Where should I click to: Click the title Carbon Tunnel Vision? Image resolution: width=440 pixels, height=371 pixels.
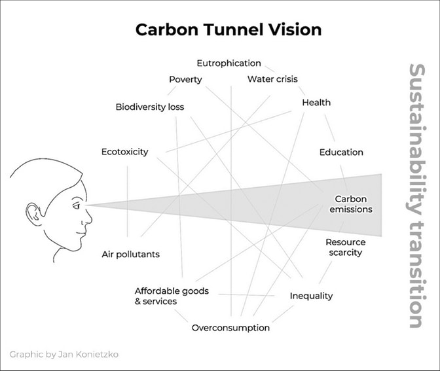(x=229, y=29)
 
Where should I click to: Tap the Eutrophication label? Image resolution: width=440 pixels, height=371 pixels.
(x=229, y=63)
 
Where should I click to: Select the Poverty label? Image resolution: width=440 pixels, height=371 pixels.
(x=185, y=80)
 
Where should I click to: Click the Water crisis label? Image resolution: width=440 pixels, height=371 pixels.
(x=272, y=79)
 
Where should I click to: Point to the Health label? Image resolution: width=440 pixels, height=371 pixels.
(x=316, y=102)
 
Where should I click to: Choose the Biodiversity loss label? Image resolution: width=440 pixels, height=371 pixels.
(x=150, y=107)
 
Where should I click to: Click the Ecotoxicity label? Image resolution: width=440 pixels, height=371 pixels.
(x=125, y=152)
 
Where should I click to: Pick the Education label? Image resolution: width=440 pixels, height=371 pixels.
(x=341, y=152)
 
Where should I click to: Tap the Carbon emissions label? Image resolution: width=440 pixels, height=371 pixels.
(x=351, y=204)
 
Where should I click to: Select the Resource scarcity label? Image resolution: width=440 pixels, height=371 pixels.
(x=346, y=247)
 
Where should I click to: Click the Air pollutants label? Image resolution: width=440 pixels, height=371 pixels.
(x=131, y=255)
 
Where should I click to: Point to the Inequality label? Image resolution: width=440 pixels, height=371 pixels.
(x=311, y=296)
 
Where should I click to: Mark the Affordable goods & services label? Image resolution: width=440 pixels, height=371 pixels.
(x=172, y=296)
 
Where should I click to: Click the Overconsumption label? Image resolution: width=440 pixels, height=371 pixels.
(x=230, y=328)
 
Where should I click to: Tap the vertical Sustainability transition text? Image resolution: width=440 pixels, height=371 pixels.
(x=417, y=196)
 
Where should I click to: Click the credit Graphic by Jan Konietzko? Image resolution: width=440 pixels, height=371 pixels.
(x=64, y=355)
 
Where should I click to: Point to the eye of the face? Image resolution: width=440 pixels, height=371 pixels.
(x=77, y=206)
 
